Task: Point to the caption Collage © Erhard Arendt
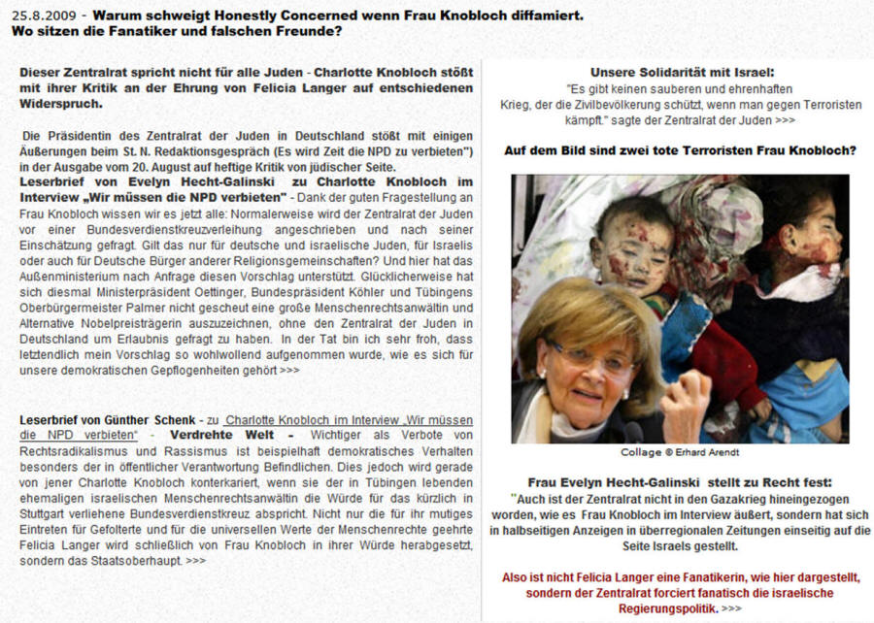(680, 452)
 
